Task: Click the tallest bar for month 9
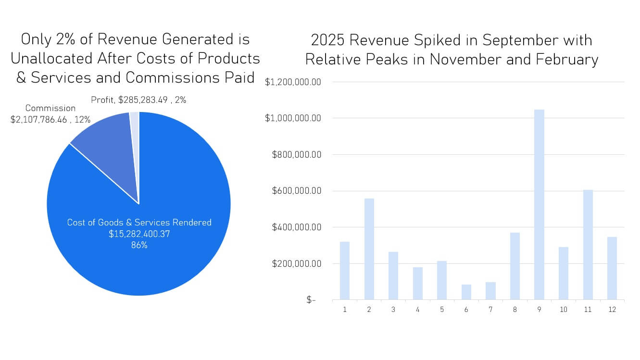[x=539, y=205]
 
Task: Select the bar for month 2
[x=369, y=249]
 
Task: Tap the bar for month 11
[x=588, y=245]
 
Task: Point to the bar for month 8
[x=515, y=266]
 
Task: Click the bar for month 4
[x=417, y=284]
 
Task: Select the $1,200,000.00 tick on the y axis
[x=292, y=82]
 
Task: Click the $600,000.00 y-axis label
[x=296, y=191]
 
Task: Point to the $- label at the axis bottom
[x=311, y=300]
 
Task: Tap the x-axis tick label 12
[x=612, y=310]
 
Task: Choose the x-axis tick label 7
[x=490, y=310]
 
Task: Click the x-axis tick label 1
[x=345, y=310]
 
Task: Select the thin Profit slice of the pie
[x=135, y=144]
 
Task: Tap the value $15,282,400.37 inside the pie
[x=139, y=234]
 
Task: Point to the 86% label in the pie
[x=139, y=245]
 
